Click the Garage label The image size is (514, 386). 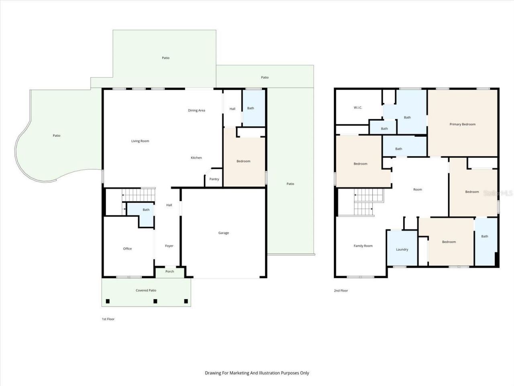pyautogui.click(x=224, y=233)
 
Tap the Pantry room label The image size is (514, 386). pyautogui.click(x=214, y=179)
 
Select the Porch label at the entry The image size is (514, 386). pyautogui.click(x=170, y=271)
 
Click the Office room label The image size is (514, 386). pyautogui.click(x=127, y=248)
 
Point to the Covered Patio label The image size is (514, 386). pyautogui.click(x=146, y=290)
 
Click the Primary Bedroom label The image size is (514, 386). pyautogui.click(x=462, y=124)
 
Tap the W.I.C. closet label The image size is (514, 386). pyautogui.click(x=358, y=107)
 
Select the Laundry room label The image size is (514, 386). pyautogui.click(x=402, y=249)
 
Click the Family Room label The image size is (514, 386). pyautogui.click(x=363, y=246)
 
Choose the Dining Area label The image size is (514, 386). pyautogui.click(x=196, y=110)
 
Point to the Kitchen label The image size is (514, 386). pyautogui.click(x=196, y=158)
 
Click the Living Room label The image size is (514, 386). pyautogui.click(x=140, y=141)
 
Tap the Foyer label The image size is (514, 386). pyautogui.click(x=169, y=246)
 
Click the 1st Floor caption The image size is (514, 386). pyautogui.click(x=108, y=319)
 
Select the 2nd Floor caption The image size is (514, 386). pyautogui.click(x=341, y=290)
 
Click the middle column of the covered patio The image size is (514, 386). pyautogui.click(x=155, y=301)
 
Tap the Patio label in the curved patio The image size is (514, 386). pyautogui.click(x=57, y=136)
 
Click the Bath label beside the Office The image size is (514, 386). pyautogui.click(x=146, y=209)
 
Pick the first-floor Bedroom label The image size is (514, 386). pyautogui.click(x=243, y=161)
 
